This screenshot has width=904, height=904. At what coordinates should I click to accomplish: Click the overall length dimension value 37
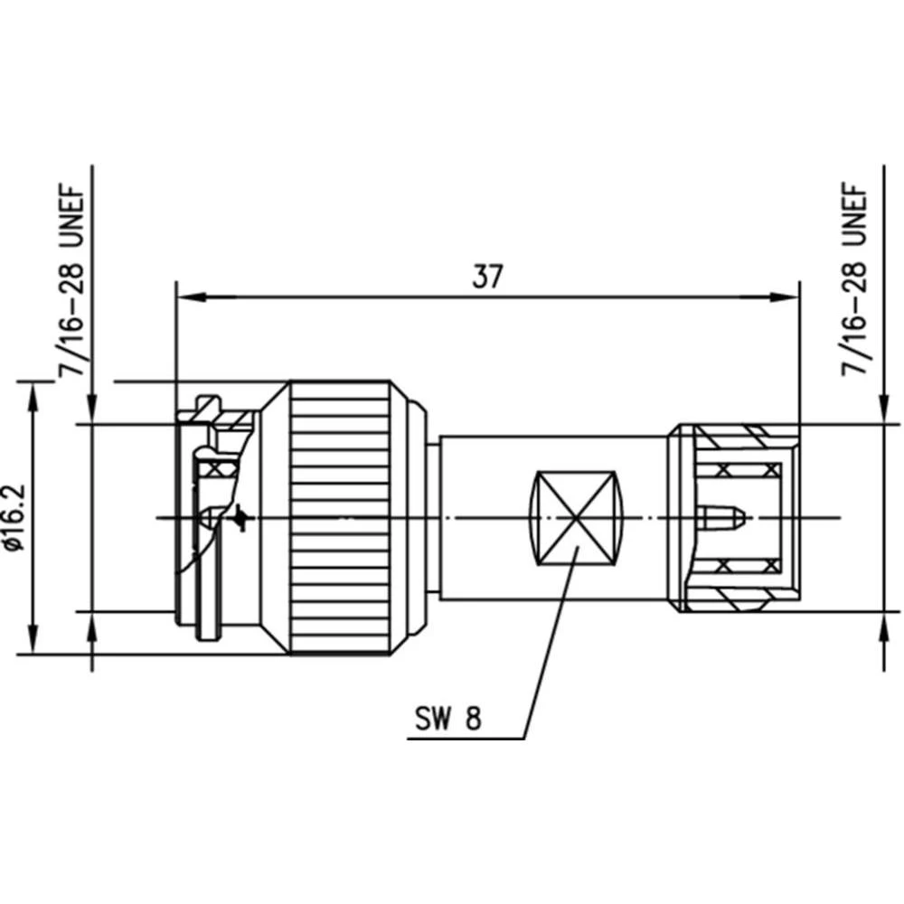click(x=487, y=277)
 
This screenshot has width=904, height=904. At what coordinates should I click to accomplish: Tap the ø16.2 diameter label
click(x=14, y=517)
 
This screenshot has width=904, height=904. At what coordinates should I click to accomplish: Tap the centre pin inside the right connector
click(x=722, y=518)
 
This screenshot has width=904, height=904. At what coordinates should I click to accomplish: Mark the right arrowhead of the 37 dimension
click(x=788, y=296)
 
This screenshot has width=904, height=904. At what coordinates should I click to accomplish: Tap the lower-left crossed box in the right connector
click(x=723, y=567)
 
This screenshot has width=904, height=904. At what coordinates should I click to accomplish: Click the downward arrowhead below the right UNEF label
click(x=883, y=410)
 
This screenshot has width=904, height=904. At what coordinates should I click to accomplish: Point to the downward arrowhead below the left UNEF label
click(x=93, y=410)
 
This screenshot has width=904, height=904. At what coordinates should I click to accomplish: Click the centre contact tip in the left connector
click(x=207, y=518)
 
